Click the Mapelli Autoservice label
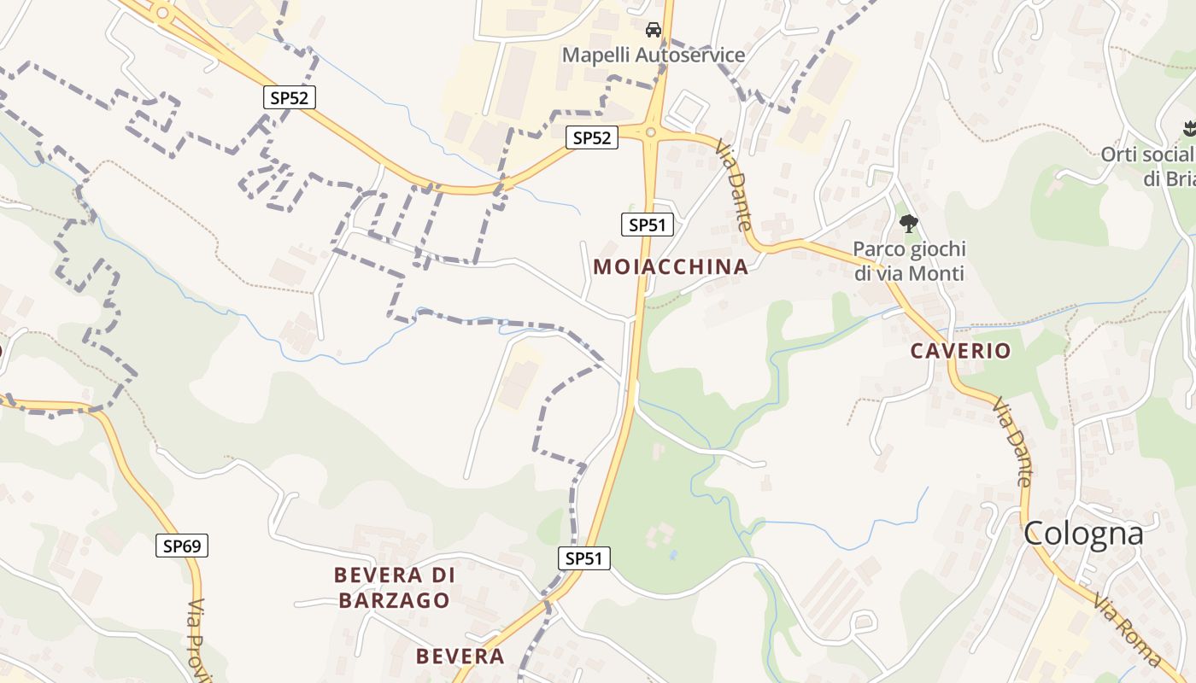[654, 55]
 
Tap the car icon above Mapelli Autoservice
[654, 31]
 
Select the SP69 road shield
[182, 546]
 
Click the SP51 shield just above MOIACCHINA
[648, 225]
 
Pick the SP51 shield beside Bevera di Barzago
[585, 558]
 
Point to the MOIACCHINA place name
[671, 266]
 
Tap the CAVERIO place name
[960, 350]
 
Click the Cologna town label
[1083, 533]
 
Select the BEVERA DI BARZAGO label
[395, 587]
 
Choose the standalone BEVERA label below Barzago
[460, 656]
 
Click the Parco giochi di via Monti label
[909, 261]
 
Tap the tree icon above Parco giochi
[909, 224]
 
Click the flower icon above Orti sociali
[1188, 130]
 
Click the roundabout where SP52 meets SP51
[651, 132]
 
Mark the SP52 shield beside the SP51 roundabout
[591, 137]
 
